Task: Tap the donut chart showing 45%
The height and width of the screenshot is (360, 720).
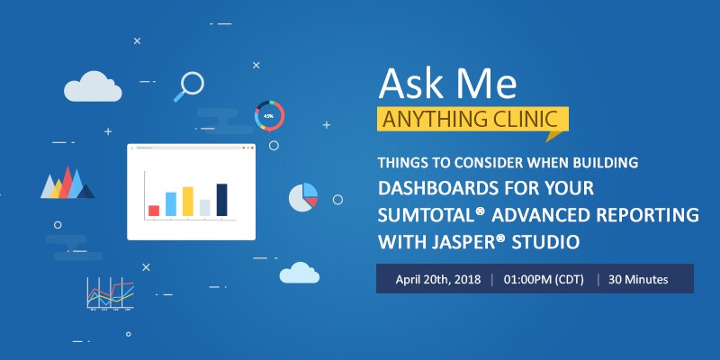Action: click(269, 115)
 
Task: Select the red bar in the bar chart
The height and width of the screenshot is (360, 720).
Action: click(154, 210)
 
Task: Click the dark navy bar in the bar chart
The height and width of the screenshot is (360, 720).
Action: click(221, 199)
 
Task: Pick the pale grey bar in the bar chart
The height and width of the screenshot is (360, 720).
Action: click(205, 206)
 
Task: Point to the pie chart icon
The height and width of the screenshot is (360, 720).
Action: click(303, 195)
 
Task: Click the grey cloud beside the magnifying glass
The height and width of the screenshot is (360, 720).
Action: click(93, 86)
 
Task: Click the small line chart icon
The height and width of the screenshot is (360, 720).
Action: click(110, 293)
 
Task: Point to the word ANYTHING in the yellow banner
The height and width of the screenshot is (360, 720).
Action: click(429, 120)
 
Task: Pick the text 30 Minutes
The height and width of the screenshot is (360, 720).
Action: click(638, 279)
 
